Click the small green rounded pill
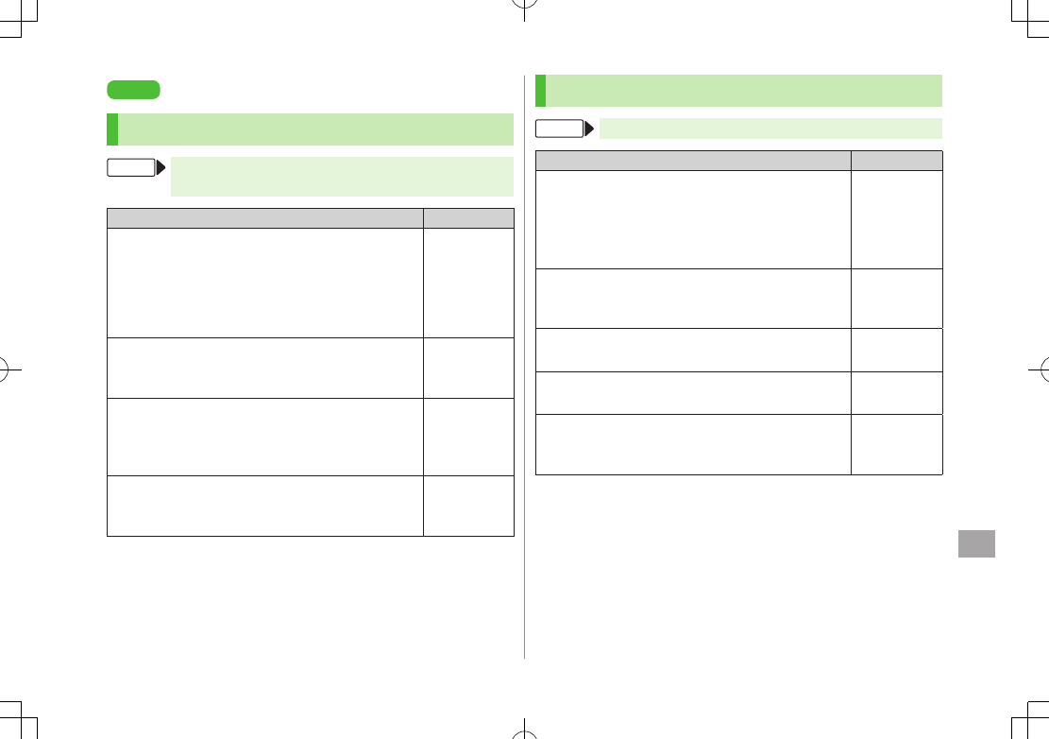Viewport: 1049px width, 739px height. point(133,90)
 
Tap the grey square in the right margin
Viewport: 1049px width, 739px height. point(976,543)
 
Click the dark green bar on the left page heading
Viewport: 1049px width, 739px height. point(112,129)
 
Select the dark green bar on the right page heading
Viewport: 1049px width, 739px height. point(540,91)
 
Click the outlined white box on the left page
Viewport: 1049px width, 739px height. point(130,168)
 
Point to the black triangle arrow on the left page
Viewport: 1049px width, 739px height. point(160,168)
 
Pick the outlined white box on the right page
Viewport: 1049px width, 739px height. point(559,129)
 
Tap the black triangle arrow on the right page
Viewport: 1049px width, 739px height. point(589,129)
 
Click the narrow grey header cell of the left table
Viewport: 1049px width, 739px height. point(468,217)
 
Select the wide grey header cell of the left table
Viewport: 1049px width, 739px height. point(264,217)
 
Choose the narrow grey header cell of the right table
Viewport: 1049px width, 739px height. point(896,160)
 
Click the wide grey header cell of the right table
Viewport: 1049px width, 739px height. point(693,160)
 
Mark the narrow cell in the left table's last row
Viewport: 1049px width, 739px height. point(468,506)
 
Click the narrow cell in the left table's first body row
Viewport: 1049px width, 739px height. point(468,283)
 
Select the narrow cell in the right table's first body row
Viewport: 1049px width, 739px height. point(896,219)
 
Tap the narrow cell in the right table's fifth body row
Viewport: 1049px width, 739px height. point(896,444)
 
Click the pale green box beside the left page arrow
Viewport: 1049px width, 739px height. point(342,177)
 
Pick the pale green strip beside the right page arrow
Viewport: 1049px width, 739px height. point(770,129)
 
